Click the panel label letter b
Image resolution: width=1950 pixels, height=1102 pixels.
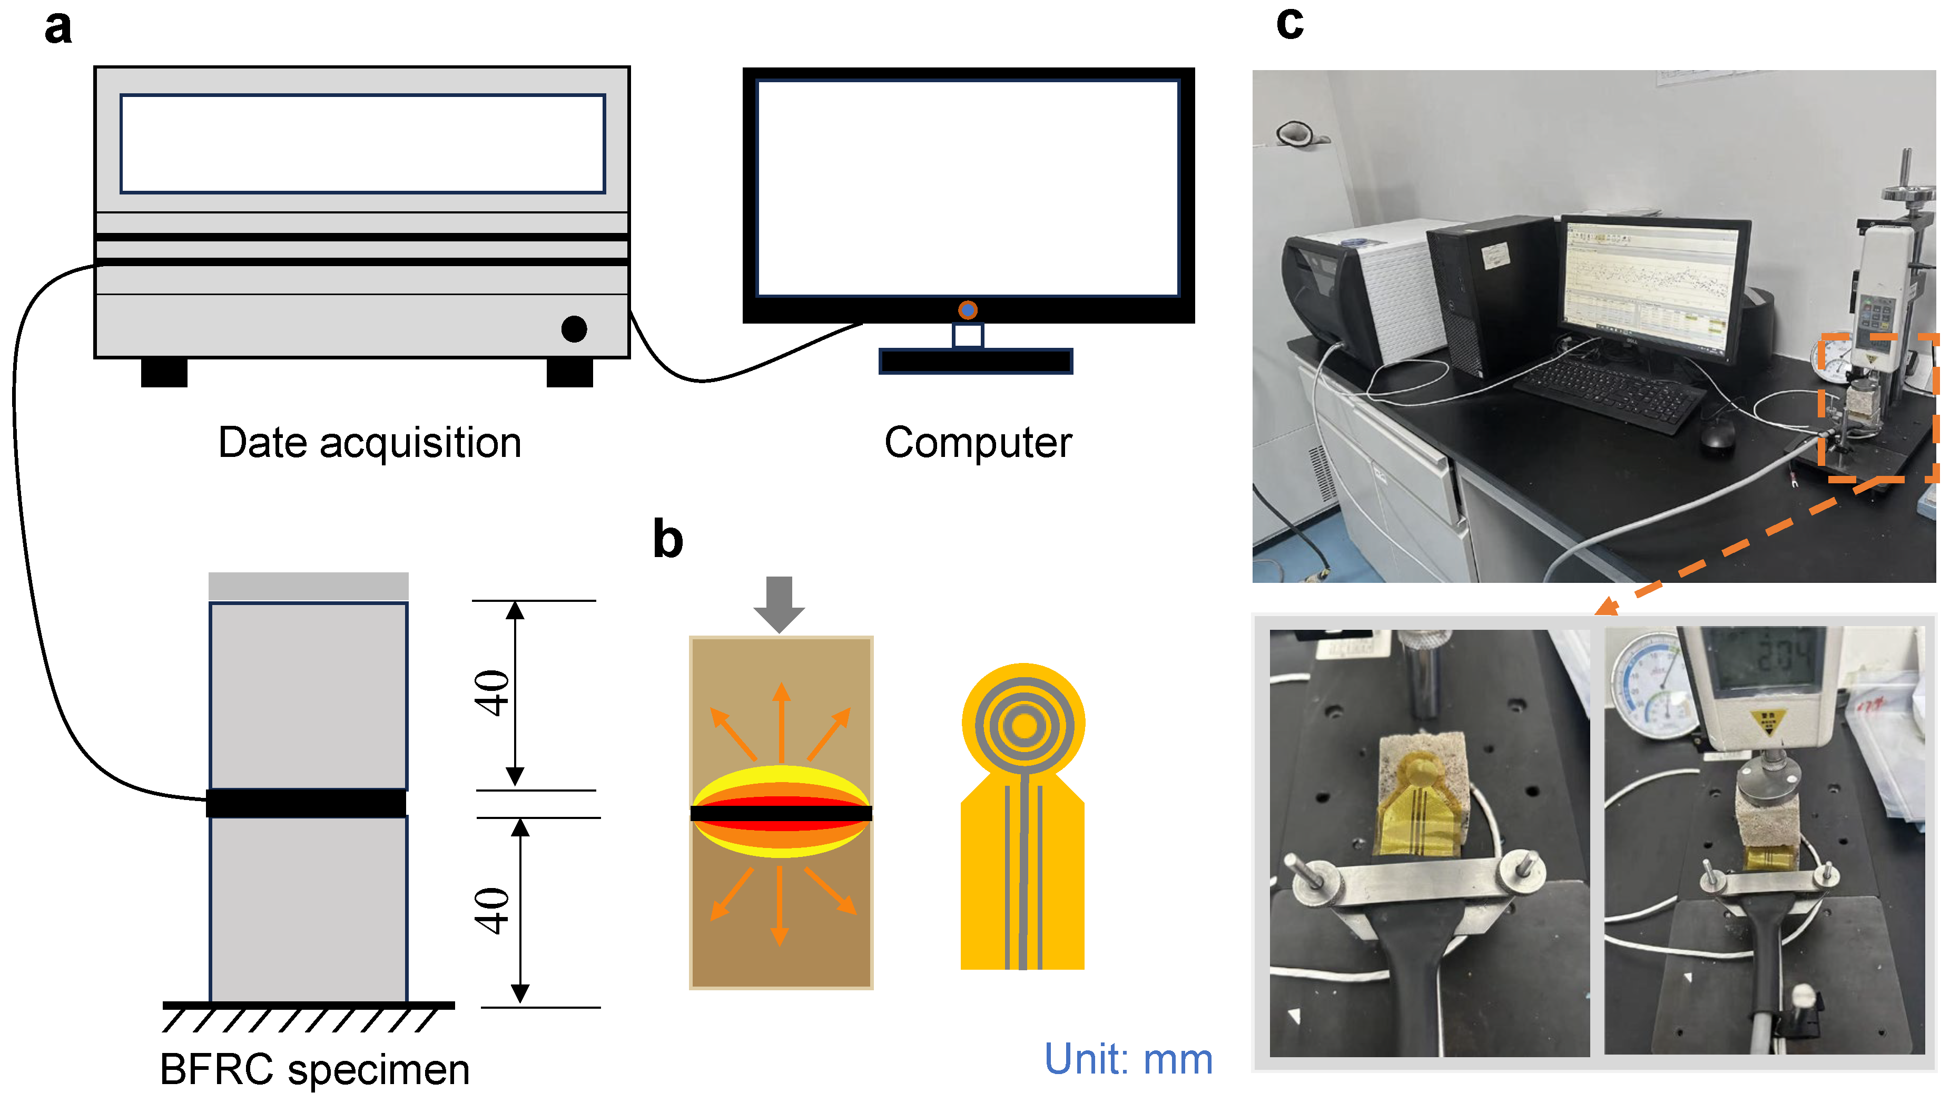668,539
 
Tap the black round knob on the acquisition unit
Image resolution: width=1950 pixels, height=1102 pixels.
574,329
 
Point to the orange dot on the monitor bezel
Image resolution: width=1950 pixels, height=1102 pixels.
968,310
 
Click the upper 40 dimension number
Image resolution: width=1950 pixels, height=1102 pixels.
492,693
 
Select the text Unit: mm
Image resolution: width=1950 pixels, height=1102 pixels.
1128,1059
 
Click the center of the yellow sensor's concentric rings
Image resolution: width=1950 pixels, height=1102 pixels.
1023,726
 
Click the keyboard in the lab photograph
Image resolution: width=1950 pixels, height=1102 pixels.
1605,390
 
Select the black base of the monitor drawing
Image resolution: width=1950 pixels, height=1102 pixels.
975,362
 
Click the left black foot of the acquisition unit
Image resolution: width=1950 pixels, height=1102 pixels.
164,373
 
